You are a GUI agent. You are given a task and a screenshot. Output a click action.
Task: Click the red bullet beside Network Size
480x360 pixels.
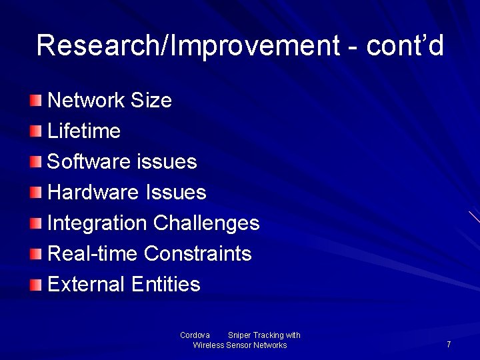[35, 101]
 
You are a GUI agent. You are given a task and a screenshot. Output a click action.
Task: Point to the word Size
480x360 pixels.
[151, 101]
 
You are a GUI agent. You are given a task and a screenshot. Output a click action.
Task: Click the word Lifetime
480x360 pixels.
[84, 131]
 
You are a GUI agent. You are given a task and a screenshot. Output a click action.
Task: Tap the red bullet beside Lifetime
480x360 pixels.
[35, 131]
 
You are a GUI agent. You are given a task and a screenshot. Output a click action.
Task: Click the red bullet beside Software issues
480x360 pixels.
[35, 162]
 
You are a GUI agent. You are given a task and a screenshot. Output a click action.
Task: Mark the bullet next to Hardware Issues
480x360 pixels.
[35, 193]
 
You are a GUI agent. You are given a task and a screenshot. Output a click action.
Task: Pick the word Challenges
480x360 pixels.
[206, 223]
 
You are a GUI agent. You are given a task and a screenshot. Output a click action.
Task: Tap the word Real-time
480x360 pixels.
[93, 254]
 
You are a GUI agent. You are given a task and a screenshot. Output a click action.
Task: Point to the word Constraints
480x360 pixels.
[197, 254]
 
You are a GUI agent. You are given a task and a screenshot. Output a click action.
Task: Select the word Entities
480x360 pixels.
[166, 285]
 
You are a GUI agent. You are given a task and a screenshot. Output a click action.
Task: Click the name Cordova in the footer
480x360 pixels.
[195, 335]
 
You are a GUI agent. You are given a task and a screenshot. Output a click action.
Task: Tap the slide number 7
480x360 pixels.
[449, 345]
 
